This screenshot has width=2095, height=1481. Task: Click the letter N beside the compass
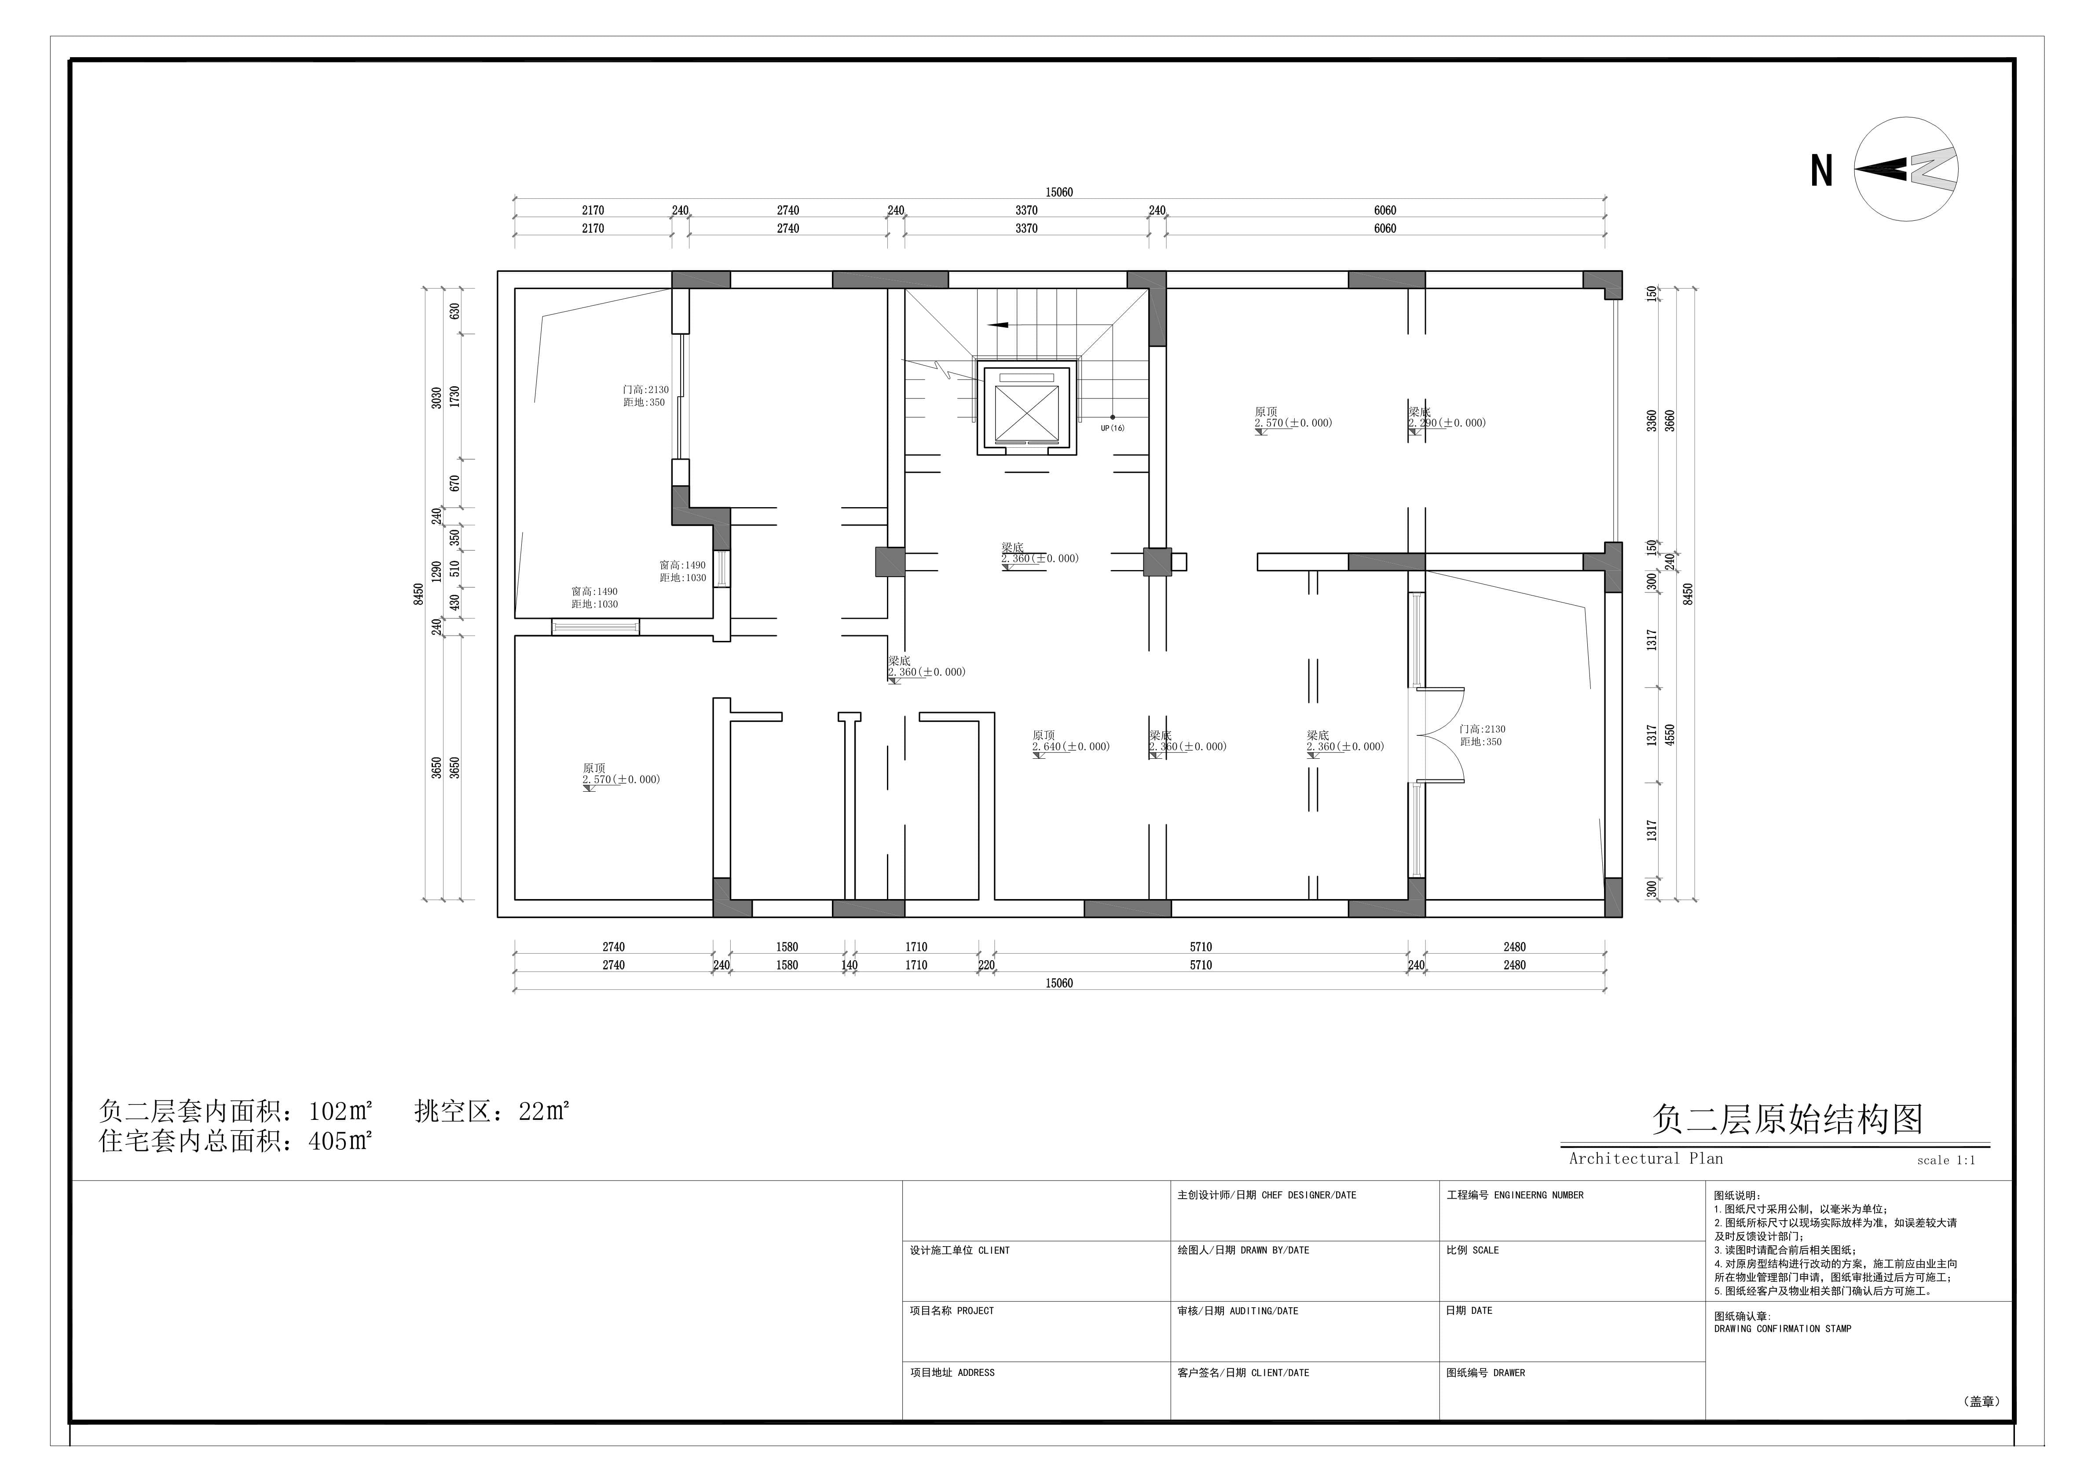click(1821, 171)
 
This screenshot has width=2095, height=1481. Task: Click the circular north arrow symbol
click(1906, 169)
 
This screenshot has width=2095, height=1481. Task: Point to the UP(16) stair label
click(1112, 428)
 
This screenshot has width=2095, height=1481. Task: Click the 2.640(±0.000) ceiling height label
click(1071, 746)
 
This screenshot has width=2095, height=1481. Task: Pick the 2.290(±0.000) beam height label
click(1447, 423)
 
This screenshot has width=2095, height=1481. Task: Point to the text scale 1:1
click(1946, 1161)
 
